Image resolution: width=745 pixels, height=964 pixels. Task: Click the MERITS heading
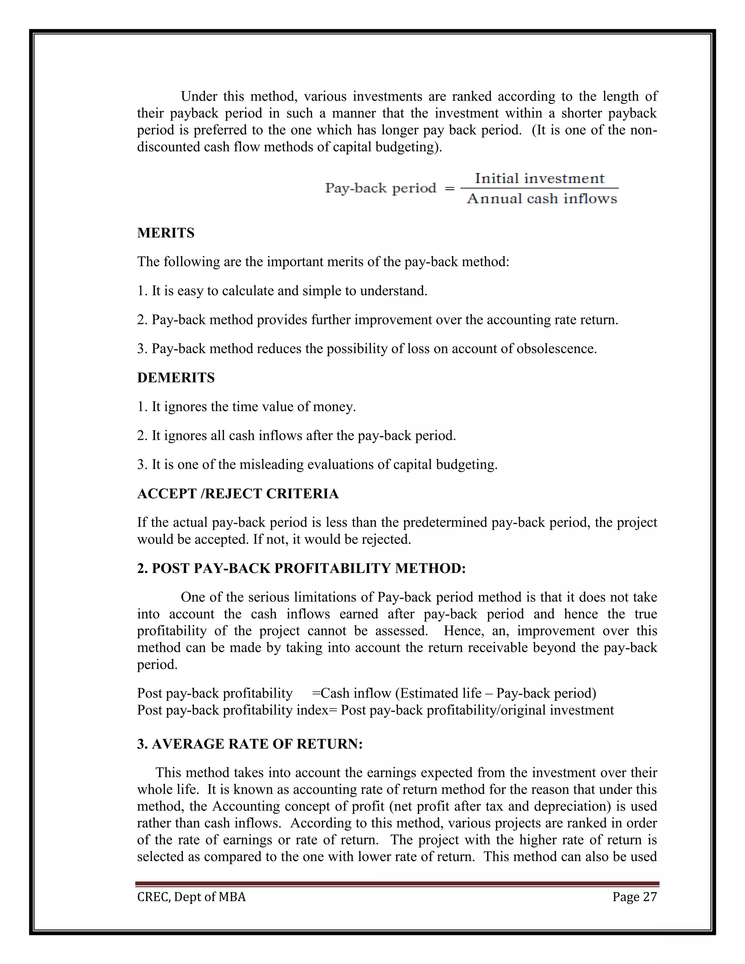[x=166, y=233]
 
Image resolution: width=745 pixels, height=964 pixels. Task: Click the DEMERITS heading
[x=176, y=378]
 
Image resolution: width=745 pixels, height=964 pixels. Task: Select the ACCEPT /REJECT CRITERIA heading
[x=238, y=494]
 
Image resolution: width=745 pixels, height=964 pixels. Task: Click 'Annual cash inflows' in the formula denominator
[x=542, y=199]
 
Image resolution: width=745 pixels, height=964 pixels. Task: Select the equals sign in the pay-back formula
[x=449, y=188]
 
